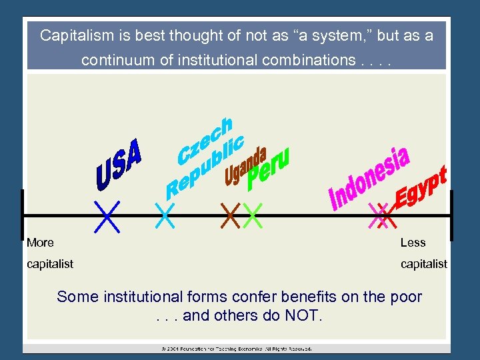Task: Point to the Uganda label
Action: pos(246,165)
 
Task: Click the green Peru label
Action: pos(268,167)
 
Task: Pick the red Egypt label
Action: pos(421,187)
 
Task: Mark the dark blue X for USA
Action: pos(107,217)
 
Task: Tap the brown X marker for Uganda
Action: pos(231,215)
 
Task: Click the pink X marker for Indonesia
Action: pos(378,215)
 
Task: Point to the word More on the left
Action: pos(40,243)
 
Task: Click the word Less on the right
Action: pos(413,243)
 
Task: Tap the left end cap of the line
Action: pos(22,215)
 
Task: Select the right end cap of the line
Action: pos(451,215)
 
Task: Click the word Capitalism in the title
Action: pos(72,35)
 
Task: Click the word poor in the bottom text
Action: pos(407,297)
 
